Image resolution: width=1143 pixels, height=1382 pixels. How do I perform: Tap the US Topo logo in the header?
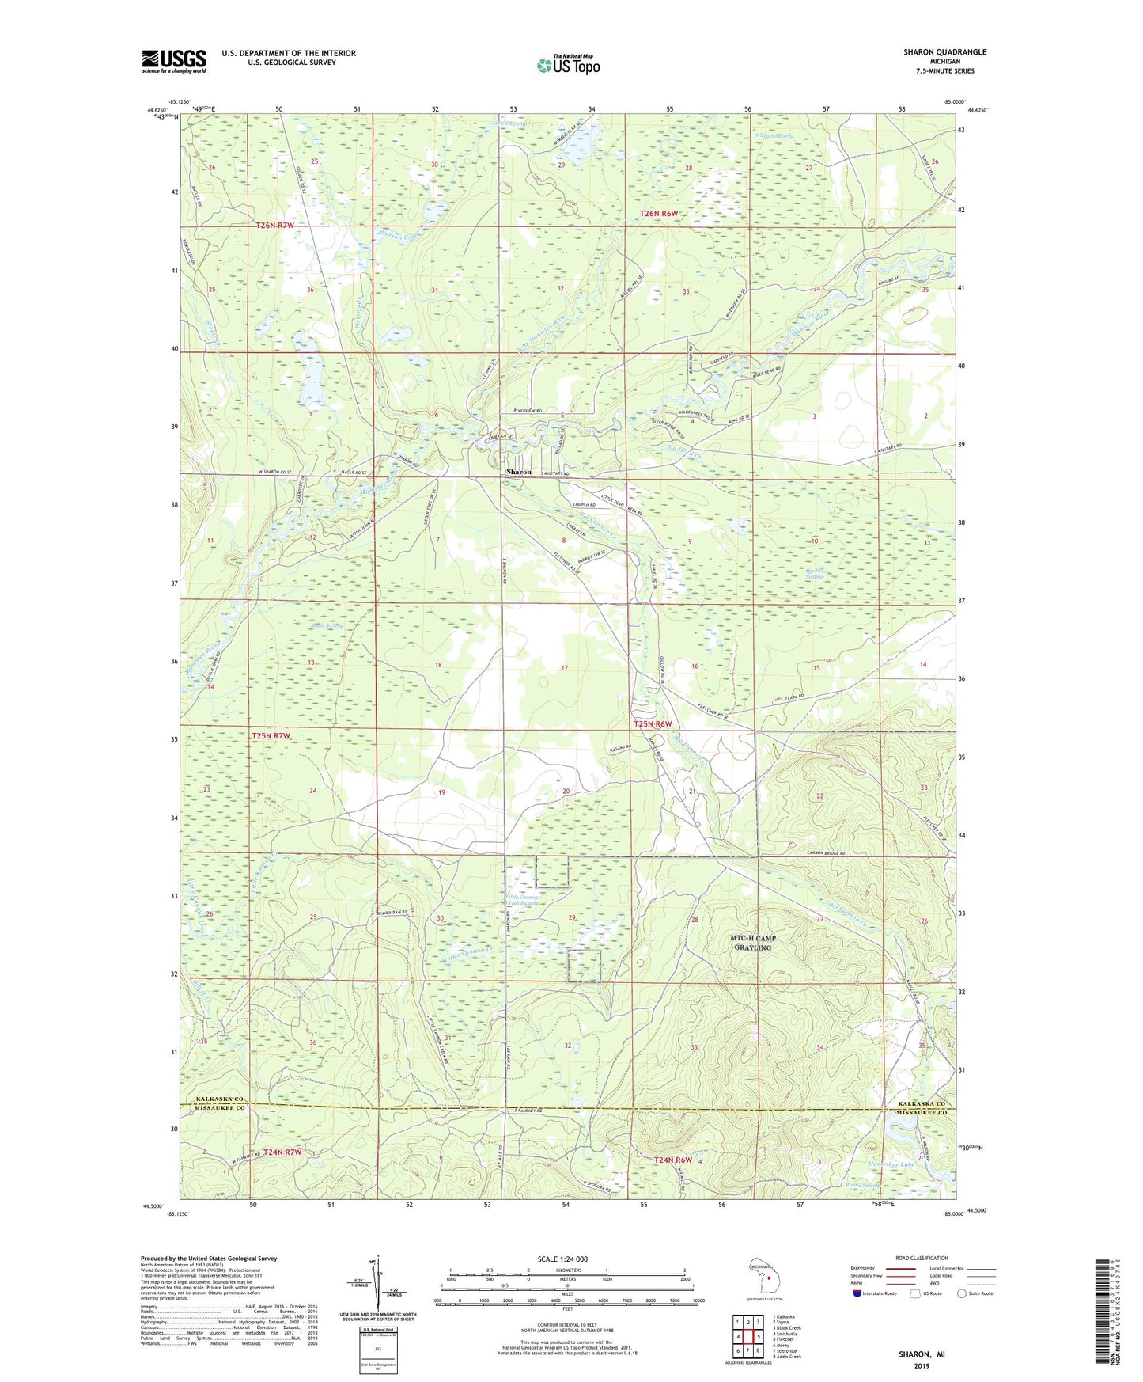(568, 65)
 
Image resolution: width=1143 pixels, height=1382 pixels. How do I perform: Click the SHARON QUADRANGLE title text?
(944, 52)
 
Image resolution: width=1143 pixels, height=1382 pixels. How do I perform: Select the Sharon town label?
(519, 472)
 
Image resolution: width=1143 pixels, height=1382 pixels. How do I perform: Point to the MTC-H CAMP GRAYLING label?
(753, 943)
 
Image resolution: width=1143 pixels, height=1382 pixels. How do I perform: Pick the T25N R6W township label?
(653, 723)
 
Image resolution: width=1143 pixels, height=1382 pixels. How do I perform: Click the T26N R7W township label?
(275, 226)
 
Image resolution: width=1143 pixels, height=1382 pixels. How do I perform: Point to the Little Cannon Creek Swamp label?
(523, 901)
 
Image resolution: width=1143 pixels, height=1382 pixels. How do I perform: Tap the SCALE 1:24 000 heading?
(562, 1259)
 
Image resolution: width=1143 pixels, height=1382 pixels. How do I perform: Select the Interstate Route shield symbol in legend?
(857, 1293)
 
